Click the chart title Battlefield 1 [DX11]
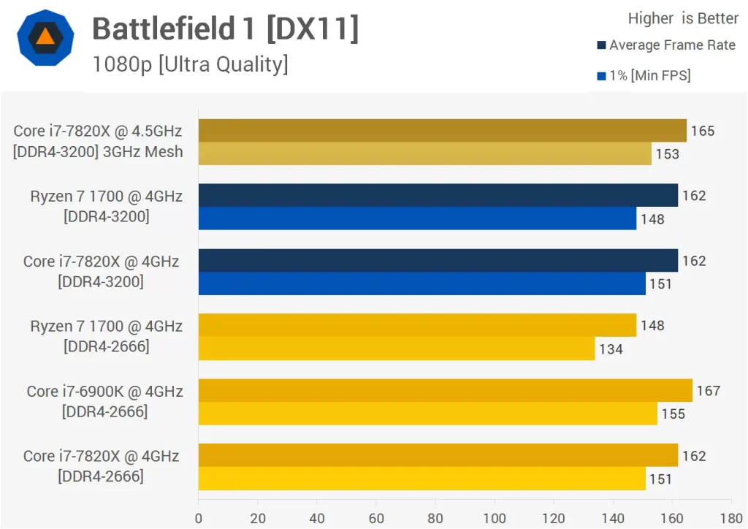click(225, 29)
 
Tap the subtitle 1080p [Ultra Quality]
click(190, 64)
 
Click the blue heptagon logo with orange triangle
click(45, 38)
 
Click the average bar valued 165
click(442, 131)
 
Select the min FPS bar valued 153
click(424, 153)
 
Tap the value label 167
click(708, 391)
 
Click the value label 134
click(611, 349)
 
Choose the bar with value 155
click(427, 414)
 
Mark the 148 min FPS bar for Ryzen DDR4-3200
click(417, 218)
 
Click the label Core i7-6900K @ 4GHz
click(104, 391)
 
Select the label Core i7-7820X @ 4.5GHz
click(97, 131)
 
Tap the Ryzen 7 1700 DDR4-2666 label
click(106, 335)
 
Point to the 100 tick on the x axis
click(495, 518)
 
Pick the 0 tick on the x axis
click(199, 518)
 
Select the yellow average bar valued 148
click(417, 325)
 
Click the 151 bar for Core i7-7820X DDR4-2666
click(421, 479)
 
